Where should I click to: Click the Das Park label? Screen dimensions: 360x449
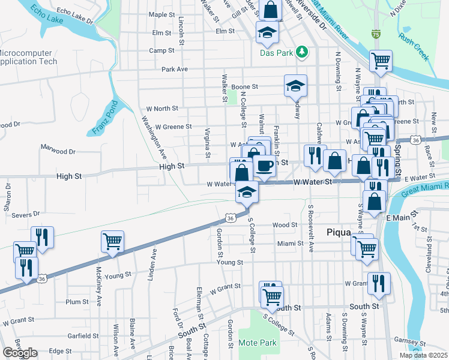click(276, 53)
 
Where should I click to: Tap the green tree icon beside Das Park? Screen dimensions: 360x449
click(303, 53)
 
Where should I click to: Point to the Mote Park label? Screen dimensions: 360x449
click(257, 343)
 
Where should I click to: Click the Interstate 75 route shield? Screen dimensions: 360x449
click(376, 35)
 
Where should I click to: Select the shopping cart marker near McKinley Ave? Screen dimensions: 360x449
click(112, 241)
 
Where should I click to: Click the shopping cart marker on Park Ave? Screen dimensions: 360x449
click(380, 60)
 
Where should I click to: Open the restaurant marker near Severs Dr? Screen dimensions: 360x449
click(42, 236)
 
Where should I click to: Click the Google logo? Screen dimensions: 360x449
click(20, 353)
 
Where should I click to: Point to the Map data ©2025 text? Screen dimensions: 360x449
click(423, 355)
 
